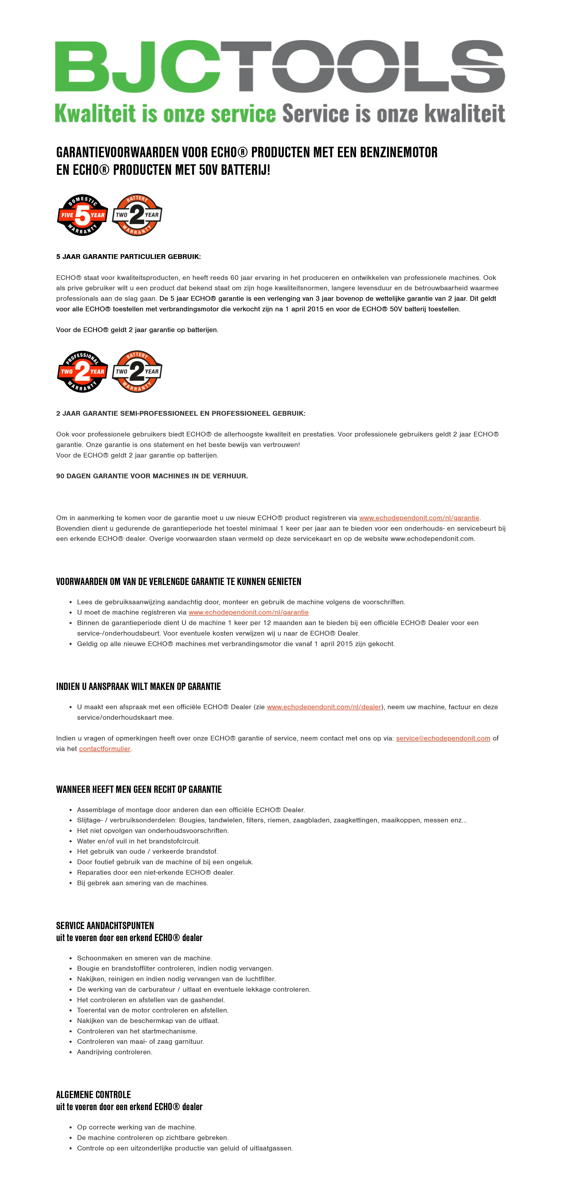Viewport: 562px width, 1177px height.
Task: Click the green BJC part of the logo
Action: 137,66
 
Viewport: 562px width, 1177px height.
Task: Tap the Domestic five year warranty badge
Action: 82,215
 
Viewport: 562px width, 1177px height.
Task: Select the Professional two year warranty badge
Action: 82,371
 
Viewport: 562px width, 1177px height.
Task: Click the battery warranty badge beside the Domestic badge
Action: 137,215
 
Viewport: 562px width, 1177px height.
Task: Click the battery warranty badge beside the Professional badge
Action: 137,371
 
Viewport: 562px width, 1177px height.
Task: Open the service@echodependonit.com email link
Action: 443,738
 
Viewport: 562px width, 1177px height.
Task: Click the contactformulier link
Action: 105,749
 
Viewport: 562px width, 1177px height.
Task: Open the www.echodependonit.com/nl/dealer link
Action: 324,707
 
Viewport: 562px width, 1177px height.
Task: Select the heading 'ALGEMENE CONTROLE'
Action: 93,1095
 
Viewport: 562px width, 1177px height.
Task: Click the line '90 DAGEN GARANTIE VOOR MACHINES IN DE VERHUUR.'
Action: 152,476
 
